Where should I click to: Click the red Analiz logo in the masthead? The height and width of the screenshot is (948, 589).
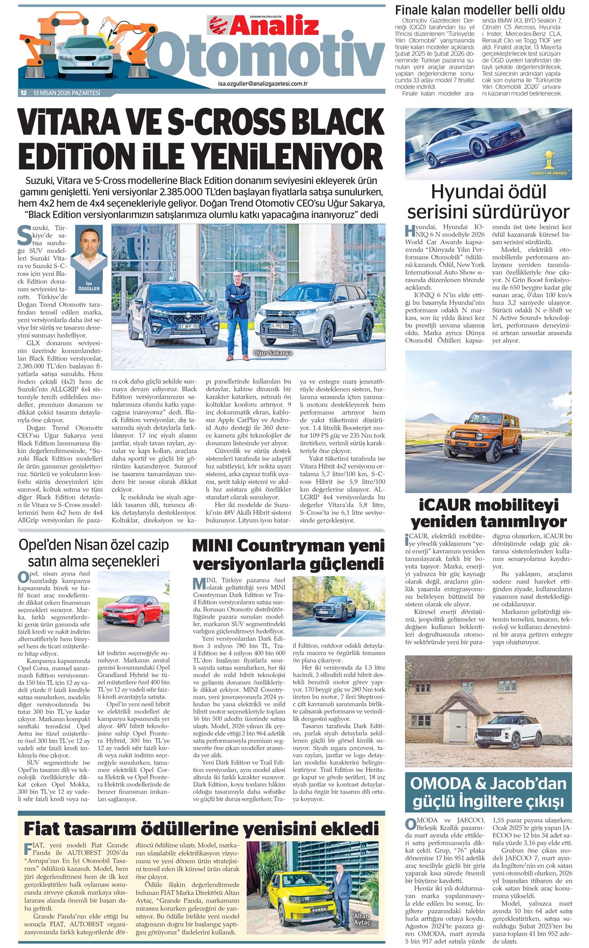point(263,25)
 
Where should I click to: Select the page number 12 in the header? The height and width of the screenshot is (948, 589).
point(24,93)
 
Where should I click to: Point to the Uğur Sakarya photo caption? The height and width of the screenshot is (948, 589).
point(272,353)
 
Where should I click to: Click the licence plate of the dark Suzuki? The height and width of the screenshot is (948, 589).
point(188,326)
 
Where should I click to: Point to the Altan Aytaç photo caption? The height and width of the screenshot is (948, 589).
point(362,919)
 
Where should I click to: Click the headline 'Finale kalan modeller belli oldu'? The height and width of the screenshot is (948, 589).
point(480,10)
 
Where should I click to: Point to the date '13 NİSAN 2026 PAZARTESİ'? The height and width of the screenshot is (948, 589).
point(66,93)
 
